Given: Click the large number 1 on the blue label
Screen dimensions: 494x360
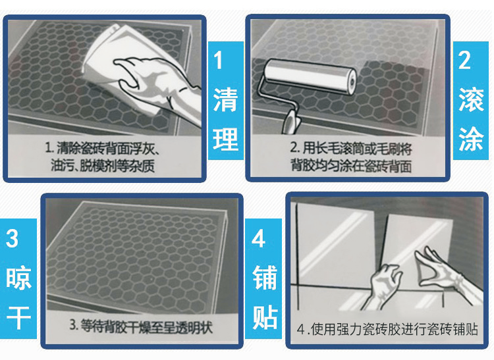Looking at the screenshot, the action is click(218, 60).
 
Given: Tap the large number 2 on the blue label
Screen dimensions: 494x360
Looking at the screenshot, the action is click(464, 60).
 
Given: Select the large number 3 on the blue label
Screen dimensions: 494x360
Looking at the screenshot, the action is click(12, 238).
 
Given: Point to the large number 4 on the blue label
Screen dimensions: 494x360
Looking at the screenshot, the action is click(258, 238).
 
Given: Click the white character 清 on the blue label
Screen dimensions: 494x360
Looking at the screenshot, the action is click(225, 100).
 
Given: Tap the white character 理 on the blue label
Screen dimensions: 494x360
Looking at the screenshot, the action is click(225, 139).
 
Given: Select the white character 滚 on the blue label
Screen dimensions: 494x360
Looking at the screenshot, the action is click(471, 100).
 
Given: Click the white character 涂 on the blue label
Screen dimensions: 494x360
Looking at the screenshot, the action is click(471, 139).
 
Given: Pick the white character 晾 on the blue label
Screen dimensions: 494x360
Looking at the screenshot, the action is click(18, 279).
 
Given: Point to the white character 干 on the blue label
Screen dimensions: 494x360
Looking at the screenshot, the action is click(18, 317).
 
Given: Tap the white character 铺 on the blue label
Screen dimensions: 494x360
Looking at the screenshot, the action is click(265, 278).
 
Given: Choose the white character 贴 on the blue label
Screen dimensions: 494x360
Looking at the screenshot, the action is click(265, 317).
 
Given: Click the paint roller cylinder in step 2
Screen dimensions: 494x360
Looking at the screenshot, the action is click(310, 76).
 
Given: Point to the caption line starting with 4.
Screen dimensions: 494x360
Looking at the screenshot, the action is click(387, 329).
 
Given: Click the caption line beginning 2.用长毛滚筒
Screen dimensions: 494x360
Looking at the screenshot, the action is click(350, 149).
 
